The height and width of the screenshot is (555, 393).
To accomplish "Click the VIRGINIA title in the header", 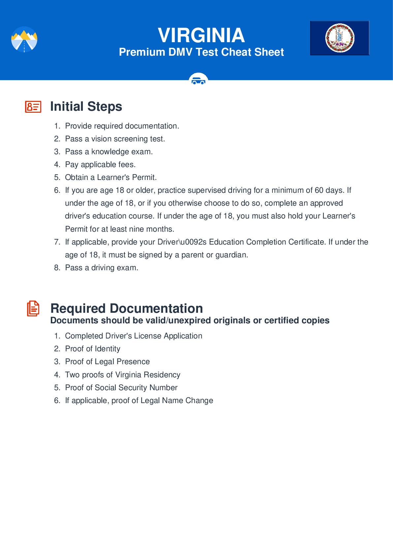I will click(201, 35).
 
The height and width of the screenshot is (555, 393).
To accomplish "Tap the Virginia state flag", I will click(340, 38).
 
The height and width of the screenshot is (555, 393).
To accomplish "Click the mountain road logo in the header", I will click(24, 39).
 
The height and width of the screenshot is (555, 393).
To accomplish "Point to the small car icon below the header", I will click(198, 80).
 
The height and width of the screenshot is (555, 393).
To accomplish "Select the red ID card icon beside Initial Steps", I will click(33, 107).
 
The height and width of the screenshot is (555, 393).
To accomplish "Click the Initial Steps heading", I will click(86, 106).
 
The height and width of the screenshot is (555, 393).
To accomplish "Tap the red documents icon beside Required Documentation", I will click(33, 308).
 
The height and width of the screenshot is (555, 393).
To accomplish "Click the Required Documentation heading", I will click(126, 308).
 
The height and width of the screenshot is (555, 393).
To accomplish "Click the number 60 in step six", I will click(319, 190).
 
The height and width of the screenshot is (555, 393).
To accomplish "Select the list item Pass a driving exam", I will click(101, 268).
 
